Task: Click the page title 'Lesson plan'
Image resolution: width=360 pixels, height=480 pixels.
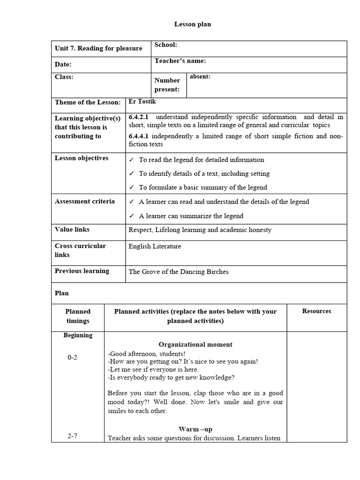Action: pyautogui.click(x=193, y=24)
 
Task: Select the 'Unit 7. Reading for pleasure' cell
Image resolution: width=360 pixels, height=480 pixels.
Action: pyautogui.click(x=98, y=49)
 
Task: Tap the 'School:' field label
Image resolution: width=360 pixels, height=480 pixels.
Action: pyautogui.click(x=165, y=45)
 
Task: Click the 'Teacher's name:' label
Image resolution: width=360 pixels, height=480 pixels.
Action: pyautogui.click(x=180, y=61)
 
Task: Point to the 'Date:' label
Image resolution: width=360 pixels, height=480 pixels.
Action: pyautogui.click(x=63, y=65)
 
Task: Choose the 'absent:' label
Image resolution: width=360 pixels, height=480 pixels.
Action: pyautogui.click(x=200, y=77)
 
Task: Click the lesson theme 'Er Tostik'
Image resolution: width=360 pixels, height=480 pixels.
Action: pyautogui.click(x=142, y=102)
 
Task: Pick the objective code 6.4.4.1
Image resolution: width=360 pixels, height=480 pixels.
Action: pyautogui.click(x=139, y=136)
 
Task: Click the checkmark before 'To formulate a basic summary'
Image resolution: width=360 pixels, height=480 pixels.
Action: pyautogui.click(x=132, y=187)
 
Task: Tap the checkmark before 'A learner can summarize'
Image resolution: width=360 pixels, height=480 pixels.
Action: pyautogui.click(x=132, y=216)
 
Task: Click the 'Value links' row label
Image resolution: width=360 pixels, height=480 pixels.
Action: pyautogui.click(x=72, y=230)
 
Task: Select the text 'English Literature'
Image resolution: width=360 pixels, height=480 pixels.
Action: pyautogui.click(x=155, y=247)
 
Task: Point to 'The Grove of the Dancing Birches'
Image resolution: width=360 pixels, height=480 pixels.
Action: pyautogui.click(x=179, y=272)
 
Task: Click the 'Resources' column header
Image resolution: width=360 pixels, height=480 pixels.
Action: pyautogui.click(x=316, y=311)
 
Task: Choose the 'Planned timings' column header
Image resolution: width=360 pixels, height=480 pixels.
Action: pyautogui.click(x=78, y=316)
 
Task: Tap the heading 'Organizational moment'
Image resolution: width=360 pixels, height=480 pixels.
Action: pyautogui.click(x=195, y=345)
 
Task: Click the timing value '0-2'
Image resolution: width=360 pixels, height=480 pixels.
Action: pyautogui.click(x=73, y=358)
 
